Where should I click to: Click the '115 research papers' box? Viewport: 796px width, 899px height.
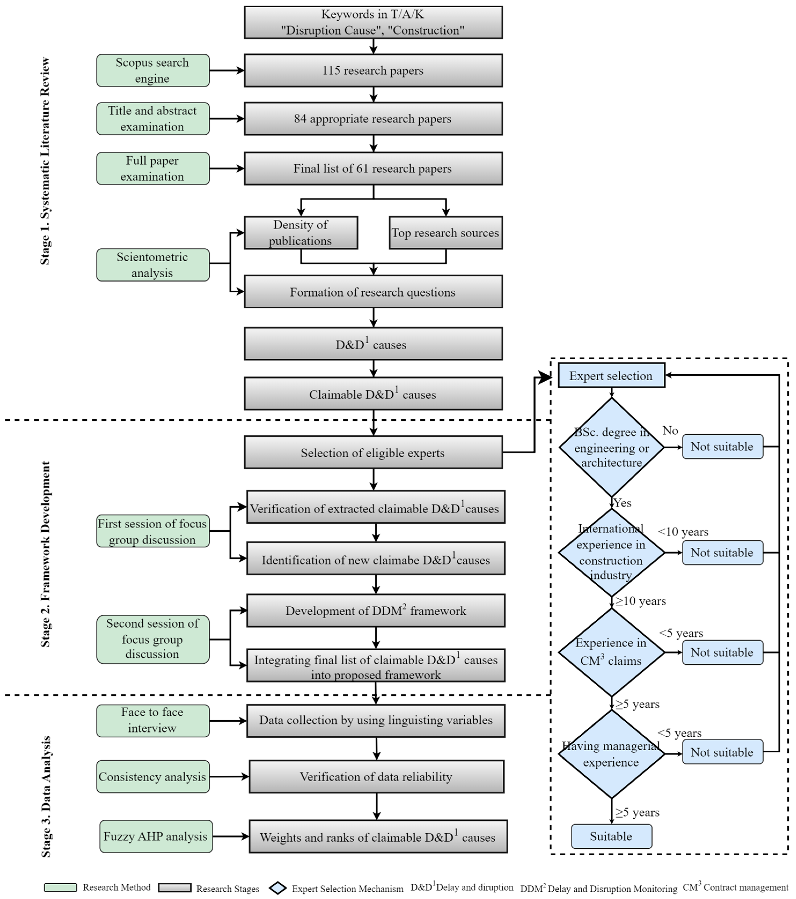tap(373, 70)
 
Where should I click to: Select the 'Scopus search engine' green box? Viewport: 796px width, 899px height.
tap(153, 70)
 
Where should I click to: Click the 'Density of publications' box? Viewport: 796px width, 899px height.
tap(301, 233)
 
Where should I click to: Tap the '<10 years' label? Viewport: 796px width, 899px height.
tap(683, 532)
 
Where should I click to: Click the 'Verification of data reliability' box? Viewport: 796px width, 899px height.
tap(376, 777)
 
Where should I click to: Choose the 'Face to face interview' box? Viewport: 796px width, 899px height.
tap(153, 720)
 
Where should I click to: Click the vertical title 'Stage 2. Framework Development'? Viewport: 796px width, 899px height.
tap(45, 554)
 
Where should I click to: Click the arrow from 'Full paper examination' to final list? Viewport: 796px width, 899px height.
tap(227, 168)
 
